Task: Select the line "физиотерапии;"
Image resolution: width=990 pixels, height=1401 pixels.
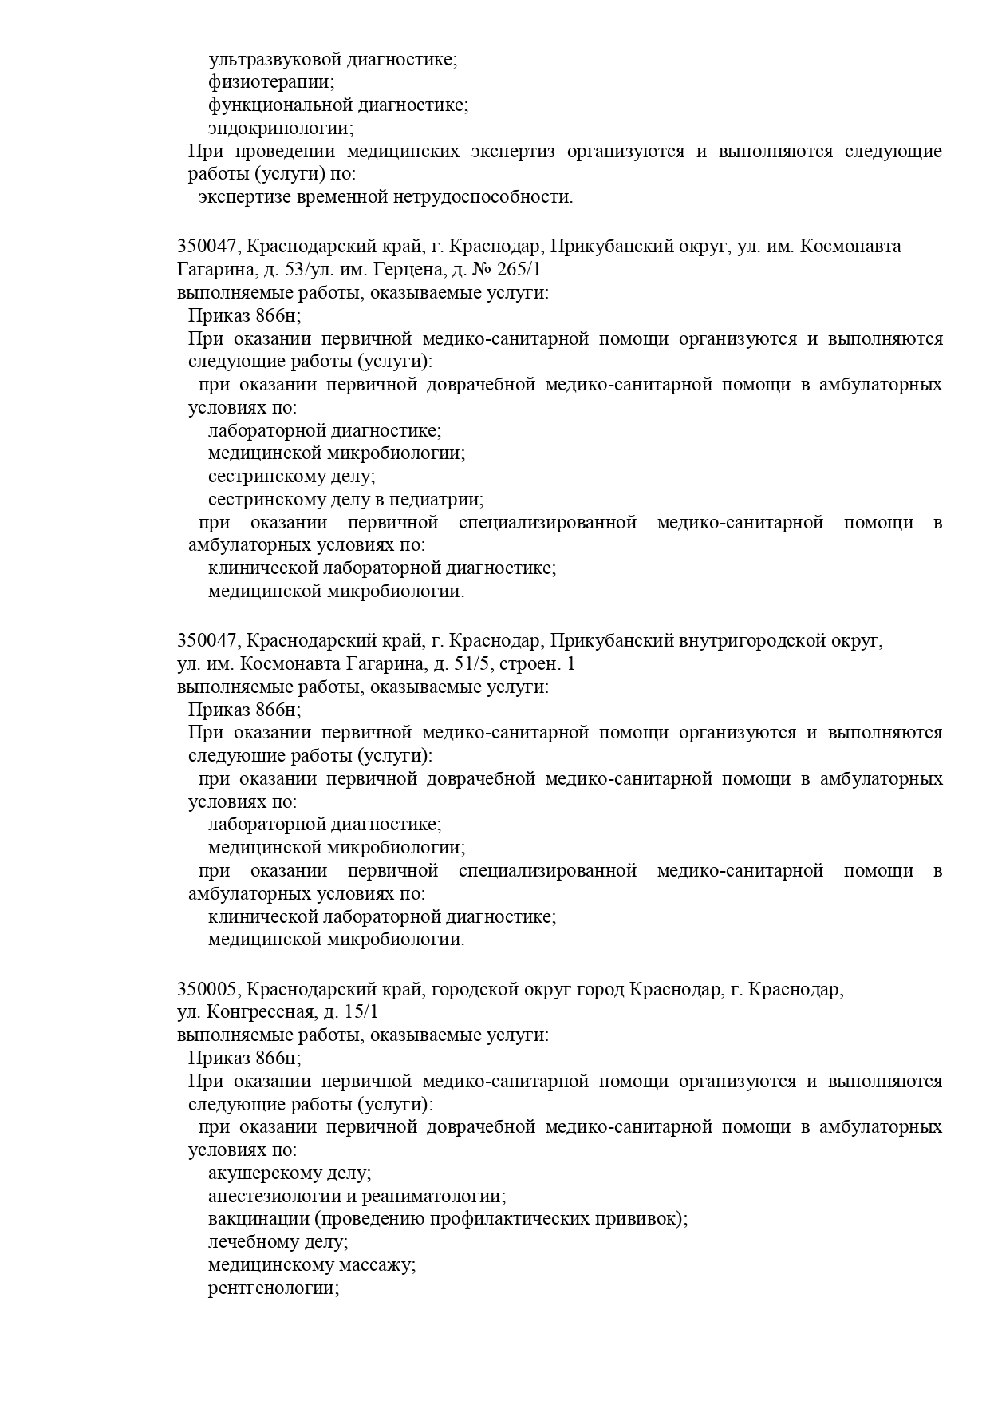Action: click(x=271, y=82)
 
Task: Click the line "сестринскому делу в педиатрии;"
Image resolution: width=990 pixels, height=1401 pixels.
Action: click(x=345, y=500)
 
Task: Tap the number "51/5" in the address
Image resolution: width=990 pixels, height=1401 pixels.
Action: click(x=456, y=664)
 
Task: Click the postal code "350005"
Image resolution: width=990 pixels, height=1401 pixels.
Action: click(x=207, y=990)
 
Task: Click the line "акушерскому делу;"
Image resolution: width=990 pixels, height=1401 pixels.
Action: click(x=290, y=1173)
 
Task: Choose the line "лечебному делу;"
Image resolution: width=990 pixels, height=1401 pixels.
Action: click(x=278, y=1243)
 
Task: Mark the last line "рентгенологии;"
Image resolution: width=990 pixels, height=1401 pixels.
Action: click(x=274, y=1289)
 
